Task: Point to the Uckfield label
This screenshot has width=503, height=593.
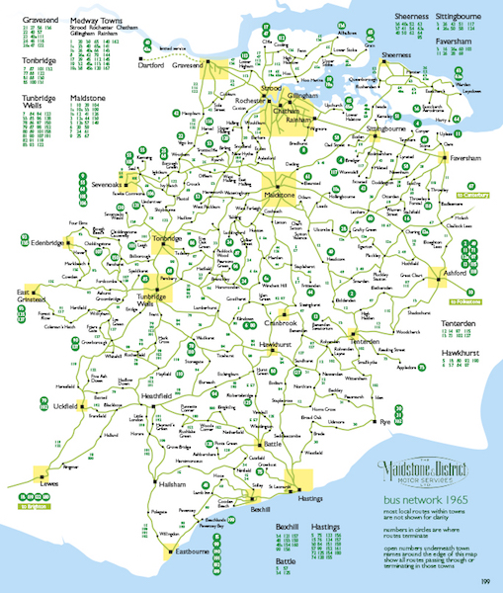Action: (61, 406)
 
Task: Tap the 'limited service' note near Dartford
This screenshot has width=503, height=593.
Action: (173, 46)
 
